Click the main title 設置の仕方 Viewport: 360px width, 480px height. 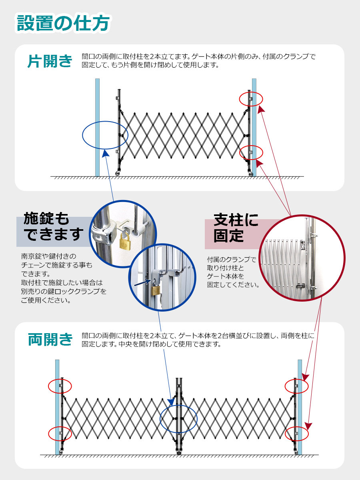pyautogui.click(x=63, y=23)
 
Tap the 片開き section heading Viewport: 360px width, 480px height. pyautogui.click(x=50, y=61)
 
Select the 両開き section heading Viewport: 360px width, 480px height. pyautogui.click(x=50, y=339)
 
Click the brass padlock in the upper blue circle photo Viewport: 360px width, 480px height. pyautogui.click(x=124, y=240)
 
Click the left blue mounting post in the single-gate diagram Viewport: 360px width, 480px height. pyautogui.click(x=97, y=128)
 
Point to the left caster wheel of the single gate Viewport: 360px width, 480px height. pyautogui.click(x=118, y=173)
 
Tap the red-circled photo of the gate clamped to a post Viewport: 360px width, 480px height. pyautogui.click(x=302, y=258)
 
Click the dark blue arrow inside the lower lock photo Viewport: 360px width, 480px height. pyautogui.click(x=142, y=282)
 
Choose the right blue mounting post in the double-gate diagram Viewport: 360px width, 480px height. pyautogui.click(x=300, y=407)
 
